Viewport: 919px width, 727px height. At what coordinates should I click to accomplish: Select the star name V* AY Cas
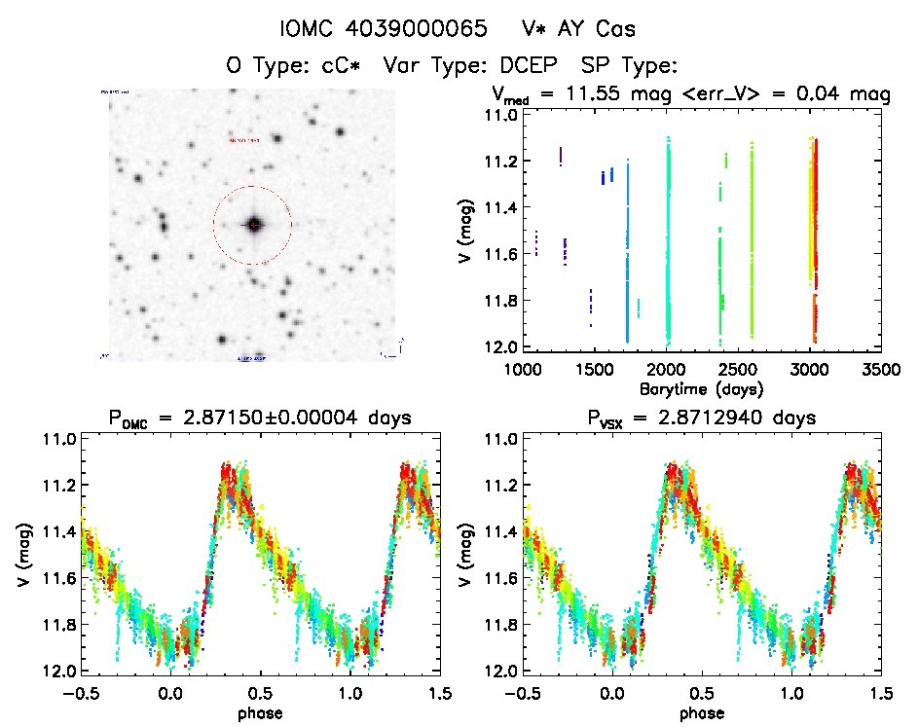576,28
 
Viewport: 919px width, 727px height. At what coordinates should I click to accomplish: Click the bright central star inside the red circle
254,225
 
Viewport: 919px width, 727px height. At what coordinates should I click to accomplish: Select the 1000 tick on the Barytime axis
523,370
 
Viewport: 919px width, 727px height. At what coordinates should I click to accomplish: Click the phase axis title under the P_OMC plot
261,711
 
